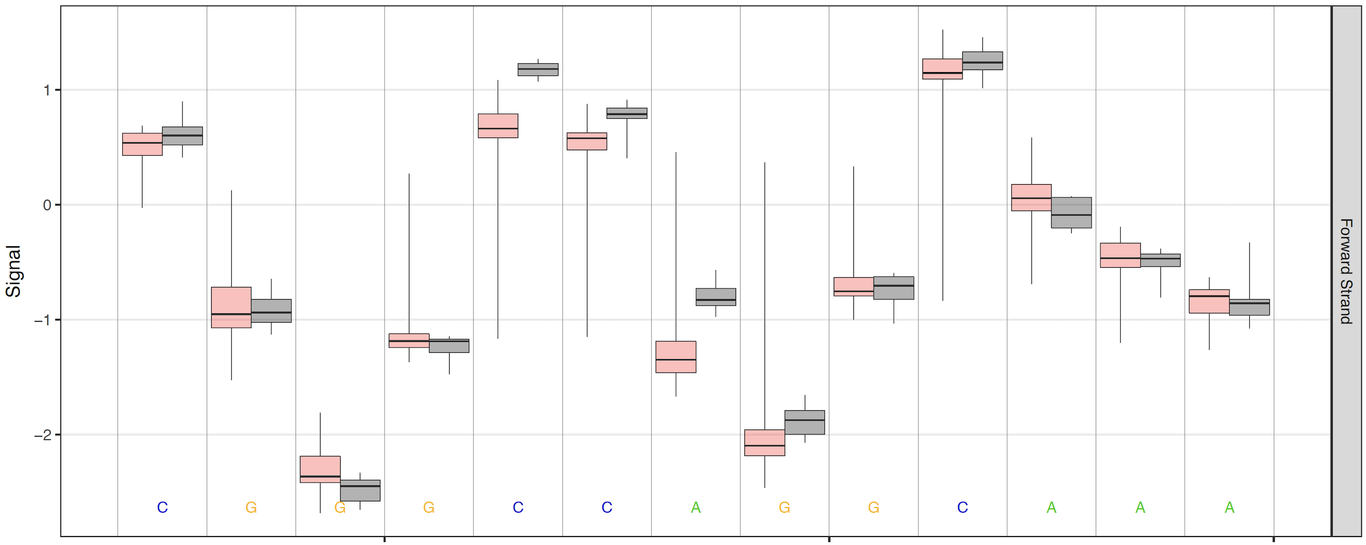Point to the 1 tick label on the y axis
point(47,90)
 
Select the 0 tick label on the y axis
point(47,205)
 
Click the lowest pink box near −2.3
point(320,469)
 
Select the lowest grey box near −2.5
point(360,490)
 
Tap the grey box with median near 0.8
point(627,113)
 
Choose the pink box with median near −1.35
point(676,356)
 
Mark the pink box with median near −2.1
point(765,443)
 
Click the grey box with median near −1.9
point(804,423)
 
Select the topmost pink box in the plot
point(943,69)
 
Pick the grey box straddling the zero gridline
point(1071,212)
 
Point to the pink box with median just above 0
point(1032,197)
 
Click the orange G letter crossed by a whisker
point(340,508)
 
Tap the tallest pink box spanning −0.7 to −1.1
point(231,307)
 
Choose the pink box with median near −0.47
point(1120,255)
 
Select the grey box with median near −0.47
point(1160,260)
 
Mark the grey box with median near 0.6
point(182,136)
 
